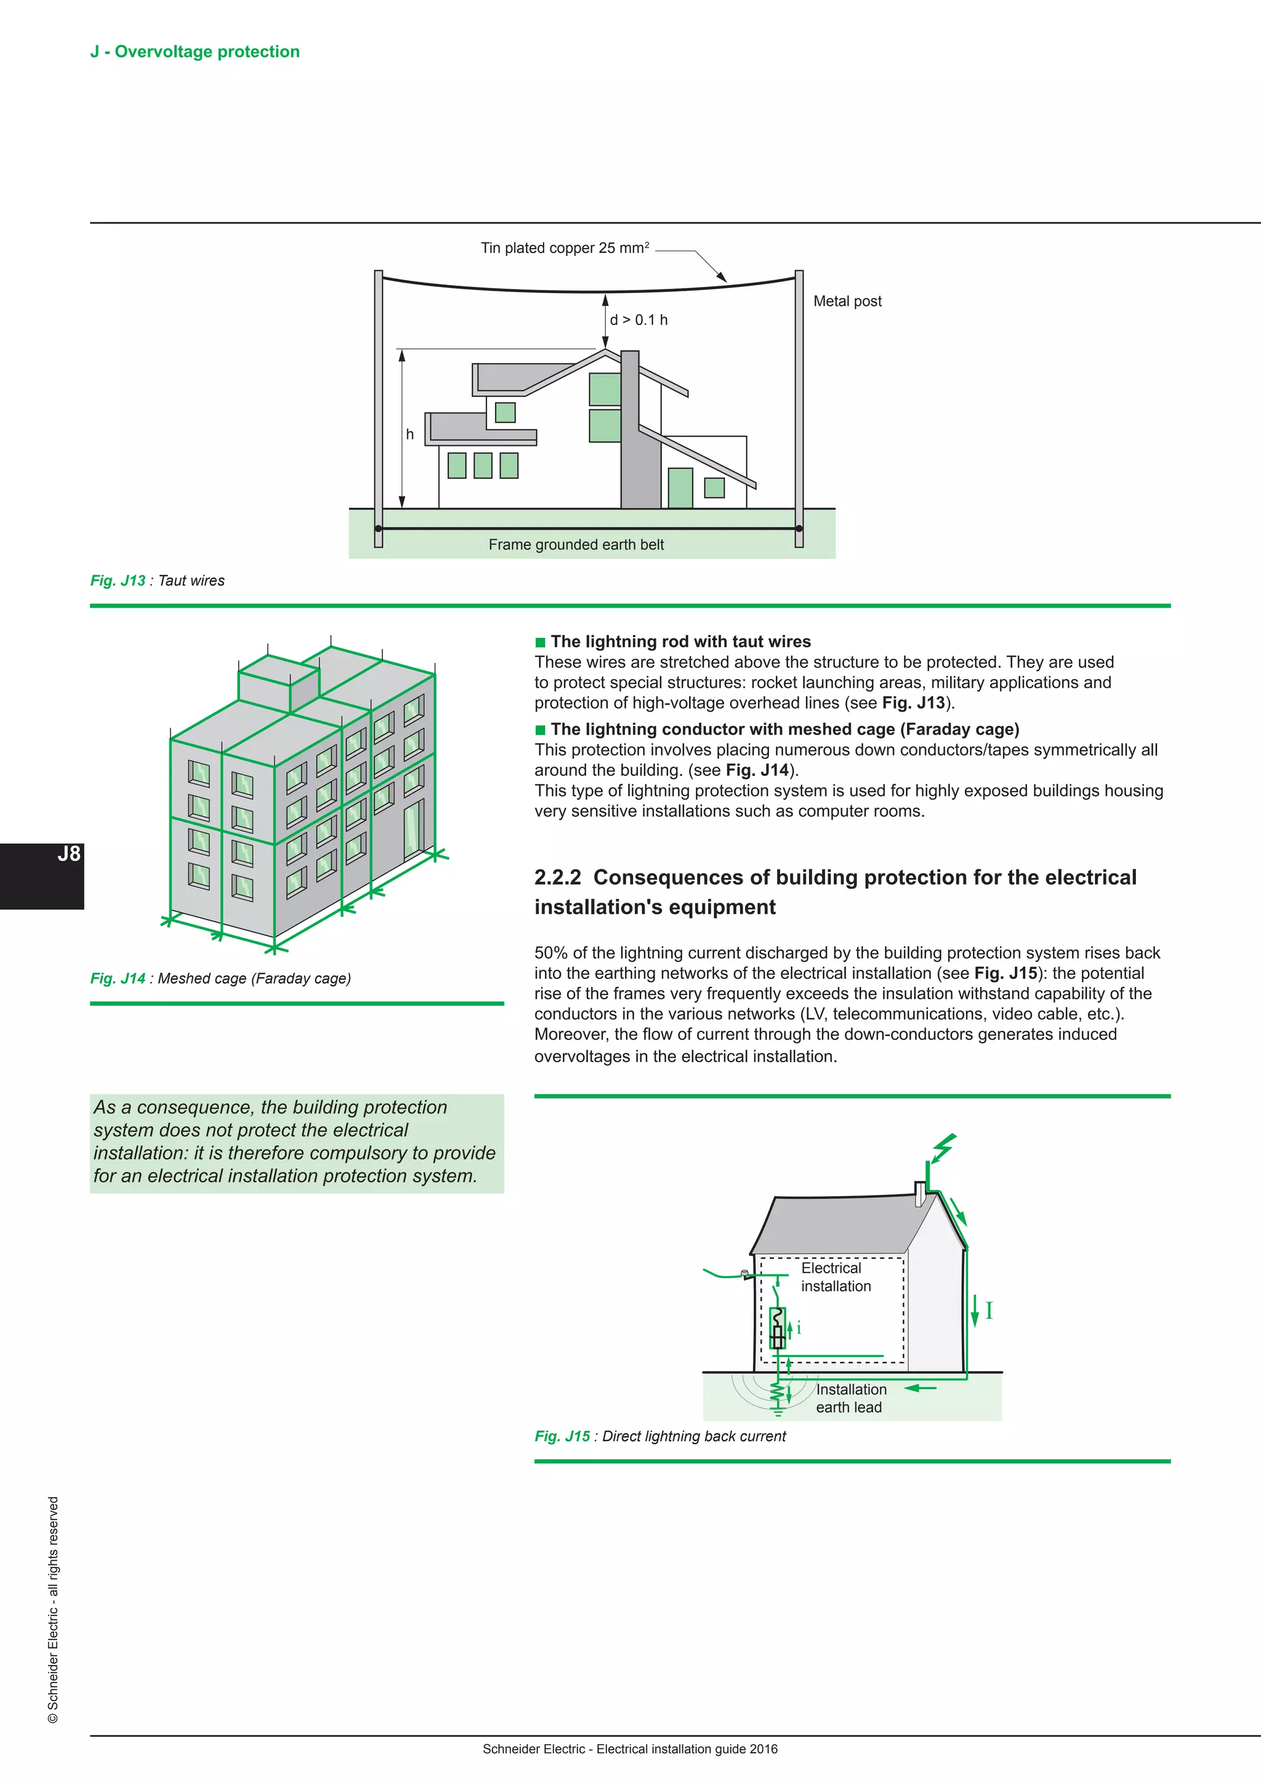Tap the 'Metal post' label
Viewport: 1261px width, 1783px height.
coord(847,301)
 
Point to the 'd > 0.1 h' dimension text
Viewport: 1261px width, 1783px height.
coord(639,320)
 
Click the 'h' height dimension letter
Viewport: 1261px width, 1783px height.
coord(410,434)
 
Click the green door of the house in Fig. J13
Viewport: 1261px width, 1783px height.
coord(680,488)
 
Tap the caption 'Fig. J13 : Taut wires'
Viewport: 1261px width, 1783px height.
coord(157,580)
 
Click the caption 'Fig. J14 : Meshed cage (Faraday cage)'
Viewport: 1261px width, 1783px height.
coord(220,978)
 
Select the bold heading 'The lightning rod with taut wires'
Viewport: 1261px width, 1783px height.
coord(680,642)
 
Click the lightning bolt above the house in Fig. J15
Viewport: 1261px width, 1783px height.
coord(943,1148)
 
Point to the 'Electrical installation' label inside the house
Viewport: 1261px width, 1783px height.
coord(835,1277)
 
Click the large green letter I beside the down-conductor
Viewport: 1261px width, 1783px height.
coord(989,1311)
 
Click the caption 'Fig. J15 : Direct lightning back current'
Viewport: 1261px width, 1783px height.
coord(660,1436)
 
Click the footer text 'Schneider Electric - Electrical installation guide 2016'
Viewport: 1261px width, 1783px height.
coord(630,1749)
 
